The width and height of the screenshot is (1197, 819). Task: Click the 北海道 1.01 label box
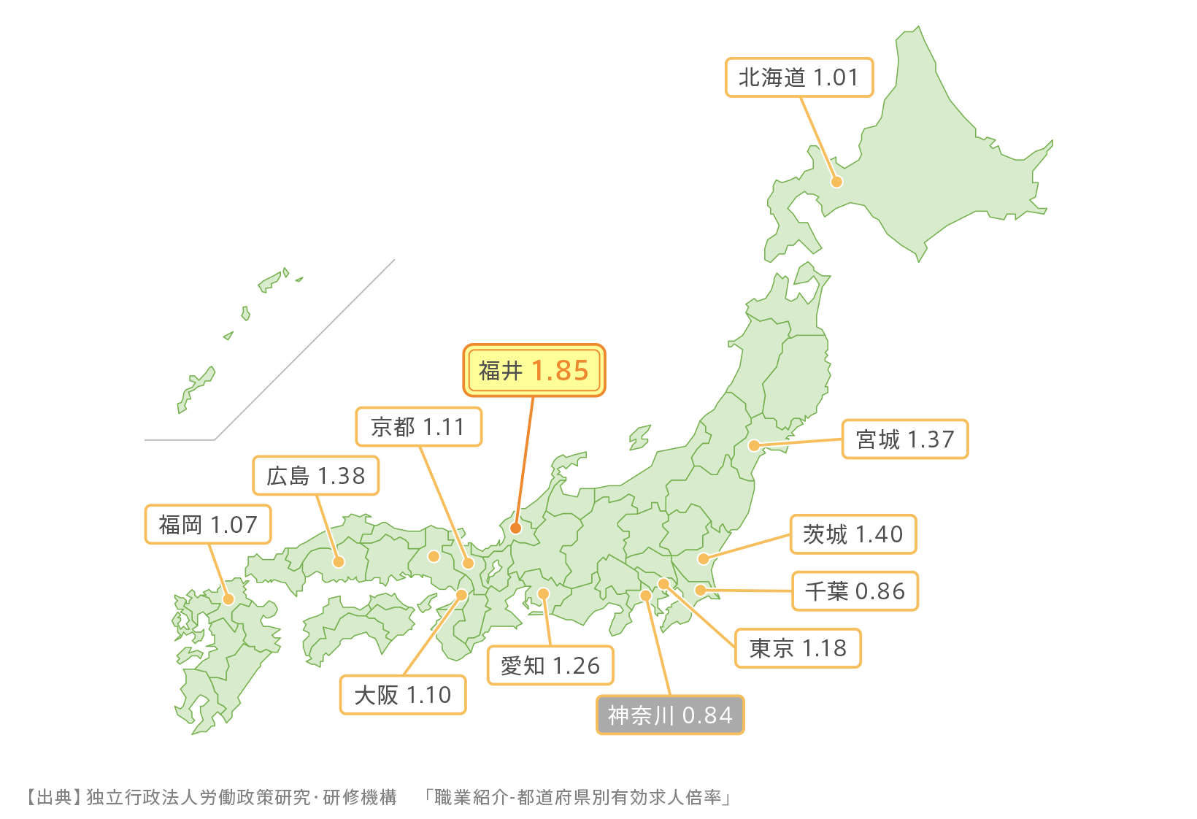point(799,77)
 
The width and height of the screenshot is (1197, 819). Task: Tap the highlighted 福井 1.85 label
point(534,371)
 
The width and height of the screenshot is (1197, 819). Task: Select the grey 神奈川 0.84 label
point(670,715)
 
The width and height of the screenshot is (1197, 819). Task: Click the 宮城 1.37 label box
point(905,439)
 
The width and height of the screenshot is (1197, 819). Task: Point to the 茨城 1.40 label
point(853,534)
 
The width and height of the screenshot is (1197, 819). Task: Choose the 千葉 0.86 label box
point(855,591)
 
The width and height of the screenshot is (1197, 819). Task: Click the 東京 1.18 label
point(798,648)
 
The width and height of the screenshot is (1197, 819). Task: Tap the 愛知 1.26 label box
point(550,666)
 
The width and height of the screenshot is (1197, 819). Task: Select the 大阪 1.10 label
point(403,695)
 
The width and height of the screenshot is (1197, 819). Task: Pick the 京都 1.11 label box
point(418,426)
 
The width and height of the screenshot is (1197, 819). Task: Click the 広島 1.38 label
point(316,476)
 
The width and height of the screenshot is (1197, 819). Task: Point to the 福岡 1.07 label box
point(208,524)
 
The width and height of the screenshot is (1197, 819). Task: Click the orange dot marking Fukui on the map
point(515,528)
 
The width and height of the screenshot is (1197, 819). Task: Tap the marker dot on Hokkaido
point(837,182)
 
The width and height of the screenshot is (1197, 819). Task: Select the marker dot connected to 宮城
point(754,445)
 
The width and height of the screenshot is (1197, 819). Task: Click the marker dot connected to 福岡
point(228,599)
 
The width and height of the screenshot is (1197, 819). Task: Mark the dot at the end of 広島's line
point(339,561)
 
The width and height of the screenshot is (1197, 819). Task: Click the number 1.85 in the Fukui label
point(560,371)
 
